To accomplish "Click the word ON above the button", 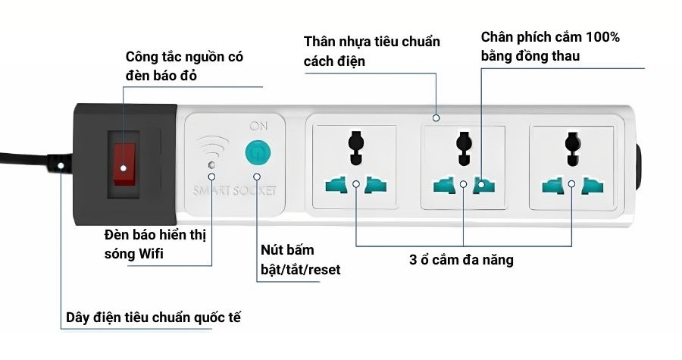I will [258, 126].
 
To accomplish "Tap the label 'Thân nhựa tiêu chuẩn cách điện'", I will [371, 51].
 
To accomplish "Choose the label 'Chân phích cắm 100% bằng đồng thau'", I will [551, 46].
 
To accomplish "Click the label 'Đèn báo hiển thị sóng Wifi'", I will [155, 243].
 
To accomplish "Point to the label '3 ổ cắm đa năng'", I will [461, 260].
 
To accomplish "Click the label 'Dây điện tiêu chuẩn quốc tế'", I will [153, 317].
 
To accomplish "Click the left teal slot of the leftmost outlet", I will [336, 185].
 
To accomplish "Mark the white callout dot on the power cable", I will [61, 163].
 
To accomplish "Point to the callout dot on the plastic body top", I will [436, 117].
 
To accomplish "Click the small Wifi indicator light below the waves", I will [212, 164].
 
